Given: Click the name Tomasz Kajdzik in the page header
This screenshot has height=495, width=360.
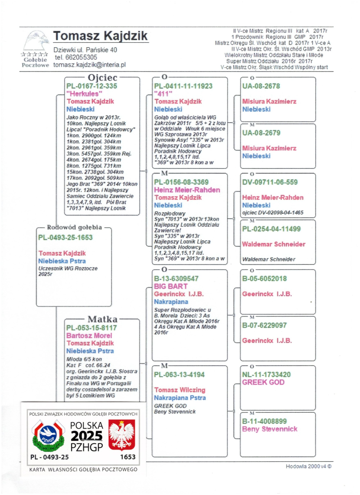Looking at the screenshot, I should click(x=100, y=36).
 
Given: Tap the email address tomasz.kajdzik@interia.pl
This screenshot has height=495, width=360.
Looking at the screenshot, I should click(x=89, y=65).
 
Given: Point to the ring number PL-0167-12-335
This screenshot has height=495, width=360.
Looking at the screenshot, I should click(x=91, y=86).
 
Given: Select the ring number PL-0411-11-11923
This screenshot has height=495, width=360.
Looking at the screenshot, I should click(x=183, y=86).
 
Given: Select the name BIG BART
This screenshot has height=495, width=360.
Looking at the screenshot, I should click(x=171, y=286).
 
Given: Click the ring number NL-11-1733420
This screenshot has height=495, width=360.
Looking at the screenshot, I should click(x=266, y=374).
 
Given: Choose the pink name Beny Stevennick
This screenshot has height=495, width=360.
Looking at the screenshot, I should click(x=270, y=429).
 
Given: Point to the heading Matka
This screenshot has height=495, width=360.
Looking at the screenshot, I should click(x=103, y=319).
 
